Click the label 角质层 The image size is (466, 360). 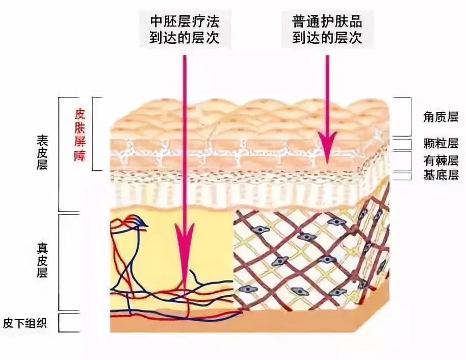tap(441, 117)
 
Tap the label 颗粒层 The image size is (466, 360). tap(441, 143)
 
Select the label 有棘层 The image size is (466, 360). tap(441, 161)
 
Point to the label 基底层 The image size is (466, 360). tap(441, 176)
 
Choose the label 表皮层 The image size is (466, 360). tap(42, 152)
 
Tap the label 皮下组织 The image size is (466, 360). tap(25, 323)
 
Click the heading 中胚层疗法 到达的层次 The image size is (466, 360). tap(185, 30)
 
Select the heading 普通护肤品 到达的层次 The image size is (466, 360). tap(327, 30)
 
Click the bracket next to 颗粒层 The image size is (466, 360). tap(406, 144)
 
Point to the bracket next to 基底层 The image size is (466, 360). tap(406, 176)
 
